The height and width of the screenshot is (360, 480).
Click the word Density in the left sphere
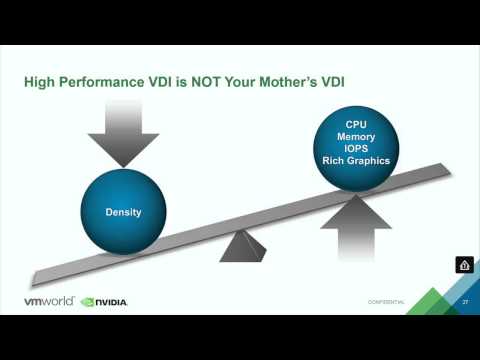(x=123, y=213)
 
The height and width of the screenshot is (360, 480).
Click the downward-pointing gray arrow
(x=123, y=129)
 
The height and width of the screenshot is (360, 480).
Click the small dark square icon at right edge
(x=464, y=265)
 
